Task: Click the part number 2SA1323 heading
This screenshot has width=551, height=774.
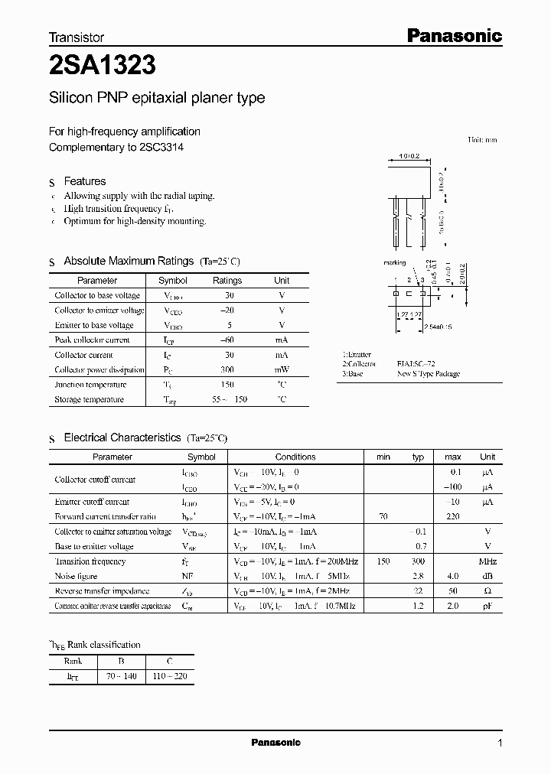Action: tap(103, 66)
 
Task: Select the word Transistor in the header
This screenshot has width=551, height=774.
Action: tap(77, 37)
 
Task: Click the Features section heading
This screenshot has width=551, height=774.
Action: tap(84, 181)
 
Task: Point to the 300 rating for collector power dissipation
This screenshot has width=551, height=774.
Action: tap(227, 370)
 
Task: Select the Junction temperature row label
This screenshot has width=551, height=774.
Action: tap(90, 385)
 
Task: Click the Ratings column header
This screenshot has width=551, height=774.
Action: tap(227, 281)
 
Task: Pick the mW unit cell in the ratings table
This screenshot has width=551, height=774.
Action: tap(282, 370)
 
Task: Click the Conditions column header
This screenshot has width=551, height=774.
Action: tap(295, 457)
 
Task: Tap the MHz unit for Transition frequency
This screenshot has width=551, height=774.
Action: tap(487, 561)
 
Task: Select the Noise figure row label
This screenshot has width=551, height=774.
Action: tap(76, 576)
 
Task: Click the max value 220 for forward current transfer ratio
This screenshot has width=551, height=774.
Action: tap(452, 517)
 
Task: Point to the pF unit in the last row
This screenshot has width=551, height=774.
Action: tap(487, 606)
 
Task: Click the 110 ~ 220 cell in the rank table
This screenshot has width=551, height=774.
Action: tap(169, 676)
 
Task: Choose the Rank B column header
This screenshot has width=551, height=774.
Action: tap(121, 662)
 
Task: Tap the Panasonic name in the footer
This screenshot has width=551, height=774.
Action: tap(276, 743)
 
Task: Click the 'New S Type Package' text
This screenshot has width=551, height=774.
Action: tap(429, 374)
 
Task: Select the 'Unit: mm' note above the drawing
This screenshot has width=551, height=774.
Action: tap(482, 140)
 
